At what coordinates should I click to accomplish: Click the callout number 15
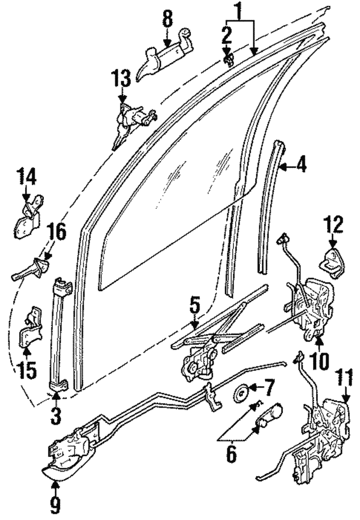pos(26,370)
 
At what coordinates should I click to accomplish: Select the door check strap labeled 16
pos(31,270)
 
